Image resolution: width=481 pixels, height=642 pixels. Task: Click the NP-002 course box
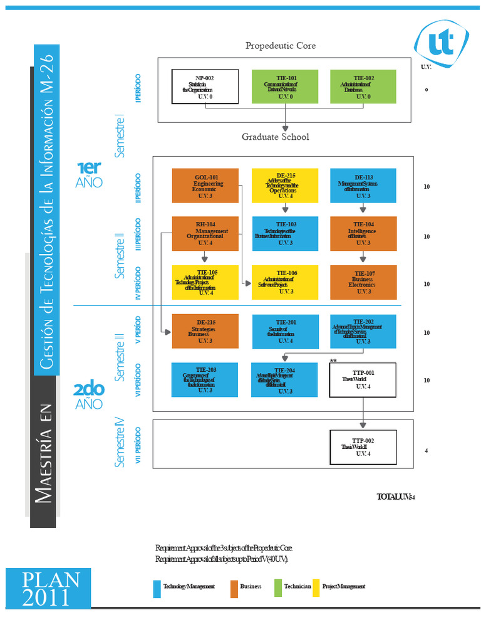205,87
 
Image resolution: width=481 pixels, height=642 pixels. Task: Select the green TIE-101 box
285,87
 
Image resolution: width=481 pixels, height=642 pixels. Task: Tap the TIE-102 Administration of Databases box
363,87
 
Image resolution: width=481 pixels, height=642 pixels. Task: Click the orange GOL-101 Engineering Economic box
205,186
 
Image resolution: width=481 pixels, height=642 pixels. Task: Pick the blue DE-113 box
363,186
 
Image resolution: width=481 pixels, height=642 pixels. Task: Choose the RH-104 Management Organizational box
205,234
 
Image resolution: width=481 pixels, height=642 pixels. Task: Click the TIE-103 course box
285,234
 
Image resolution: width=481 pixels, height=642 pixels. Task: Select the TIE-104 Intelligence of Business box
363,234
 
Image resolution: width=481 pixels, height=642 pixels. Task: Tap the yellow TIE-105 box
205,282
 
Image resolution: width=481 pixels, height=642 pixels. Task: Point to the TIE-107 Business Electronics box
363,282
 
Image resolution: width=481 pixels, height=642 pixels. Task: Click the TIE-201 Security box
285,331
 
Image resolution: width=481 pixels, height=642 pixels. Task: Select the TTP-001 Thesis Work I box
363,380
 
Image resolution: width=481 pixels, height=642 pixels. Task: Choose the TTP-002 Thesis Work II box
363,447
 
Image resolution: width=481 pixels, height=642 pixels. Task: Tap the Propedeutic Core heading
281,46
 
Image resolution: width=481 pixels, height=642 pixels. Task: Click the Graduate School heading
276,137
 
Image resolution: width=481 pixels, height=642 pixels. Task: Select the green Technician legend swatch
278,588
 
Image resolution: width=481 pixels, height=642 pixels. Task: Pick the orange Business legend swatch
234,588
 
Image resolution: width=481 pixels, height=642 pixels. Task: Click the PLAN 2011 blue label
48,589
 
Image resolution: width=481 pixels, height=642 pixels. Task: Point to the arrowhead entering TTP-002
363,426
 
